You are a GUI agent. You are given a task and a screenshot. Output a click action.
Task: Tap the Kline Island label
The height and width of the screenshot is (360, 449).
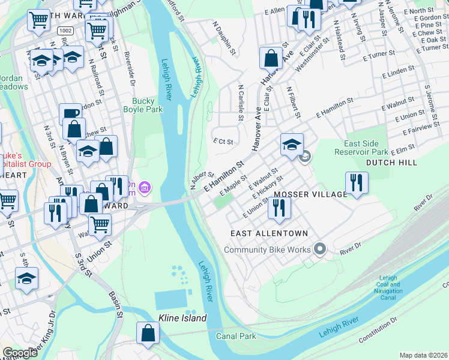(182, 318)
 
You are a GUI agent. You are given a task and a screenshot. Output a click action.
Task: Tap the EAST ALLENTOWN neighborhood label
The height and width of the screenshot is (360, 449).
(269, 233)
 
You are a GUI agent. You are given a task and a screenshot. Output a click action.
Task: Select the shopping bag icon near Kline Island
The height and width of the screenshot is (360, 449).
(148, 334)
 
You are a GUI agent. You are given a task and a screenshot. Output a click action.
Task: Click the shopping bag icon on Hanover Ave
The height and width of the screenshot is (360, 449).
(271, 58)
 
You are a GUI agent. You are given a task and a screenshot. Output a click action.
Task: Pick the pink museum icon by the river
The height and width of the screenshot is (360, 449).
(144, 189)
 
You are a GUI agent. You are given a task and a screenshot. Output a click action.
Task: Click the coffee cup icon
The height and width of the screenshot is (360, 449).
(70, 114)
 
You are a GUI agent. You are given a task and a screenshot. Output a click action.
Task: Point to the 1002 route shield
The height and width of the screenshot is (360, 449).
(65, 30)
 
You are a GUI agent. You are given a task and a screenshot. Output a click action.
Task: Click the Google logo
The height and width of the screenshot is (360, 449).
(20, 353)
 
